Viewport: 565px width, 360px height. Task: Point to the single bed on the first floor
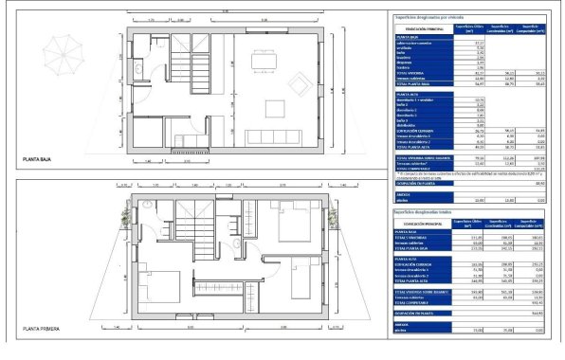click(305, 280)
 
